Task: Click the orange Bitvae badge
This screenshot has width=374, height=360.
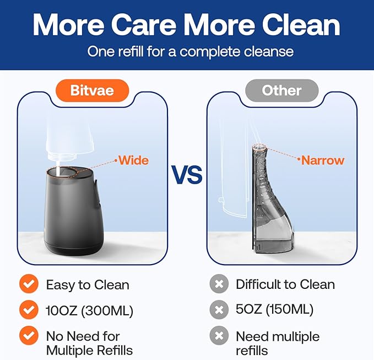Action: (91, 89)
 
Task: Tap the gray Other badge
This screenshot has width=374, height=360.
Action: (281, 90)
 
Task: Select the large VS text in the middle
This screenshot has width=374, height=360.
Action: (187, 175)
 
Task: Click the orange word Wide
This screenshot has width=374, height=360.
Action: (134, 160)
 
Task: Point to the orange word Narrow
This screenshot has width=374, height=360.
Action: (323, 160)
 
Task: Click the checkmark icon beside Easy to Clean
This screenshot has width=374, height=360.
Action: (28, 284)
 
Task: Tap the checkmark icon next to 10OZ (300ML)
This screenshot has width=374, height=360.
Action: (28, 310)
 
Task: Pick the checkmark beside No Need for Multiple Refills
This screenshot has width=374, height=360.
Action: (28, 336)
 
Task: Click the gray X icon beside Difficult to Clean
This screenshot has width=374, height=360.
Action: (219, 284)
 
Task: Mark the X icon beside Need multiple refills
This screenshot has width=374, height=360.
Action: (219, 336)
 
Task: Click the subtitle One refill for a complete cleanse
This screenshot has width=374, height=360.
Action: (191, 52)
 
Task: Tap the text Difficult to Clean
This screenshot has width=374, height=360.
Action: (285, 284)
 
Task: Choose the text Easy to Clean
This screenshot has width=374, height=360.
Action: (88, 285)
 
